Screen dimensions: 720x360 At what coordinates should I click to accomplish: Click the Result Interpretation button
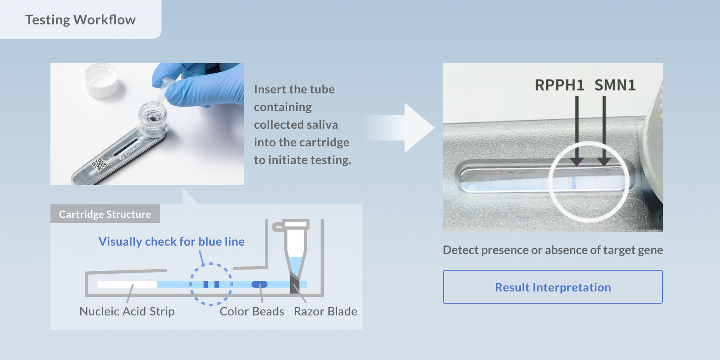point(553,287)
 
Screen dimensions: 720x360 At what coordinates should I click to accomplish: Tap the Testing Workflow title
point(80,20)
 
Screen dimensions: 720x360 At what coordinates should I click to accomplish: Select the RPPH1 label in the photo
point(559,85)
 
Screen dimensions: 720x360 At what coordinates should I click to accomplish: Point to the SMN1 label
point(615,85)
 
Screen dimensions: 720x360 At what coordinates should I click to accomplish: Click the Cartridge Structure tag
point(105,214)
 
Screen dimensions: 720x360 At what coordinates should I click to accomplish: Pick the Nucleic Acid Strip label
point(127,311)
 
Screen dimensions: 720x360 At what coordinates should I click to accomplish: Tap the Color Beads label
point(251,311)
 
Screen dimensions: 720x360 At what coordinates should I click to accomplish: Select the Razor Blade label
point(325,311)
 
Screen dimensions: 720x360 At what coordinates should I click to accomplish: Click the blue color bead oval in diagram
point(259,284)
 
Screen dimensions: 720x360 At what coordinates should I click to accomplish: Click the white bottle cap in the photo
point(101,80)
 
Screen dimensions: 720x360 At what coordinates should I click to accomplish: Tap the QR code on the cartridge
point(99,164)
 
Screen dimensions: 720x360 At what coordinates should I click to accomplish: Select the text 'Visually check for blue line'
point(171,241)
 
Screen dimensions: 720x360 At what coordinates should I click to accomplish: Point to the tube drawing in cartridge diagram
point(295,254)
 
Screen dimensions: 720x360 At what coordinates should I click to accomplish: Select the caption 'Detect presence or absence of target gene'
point(553,250)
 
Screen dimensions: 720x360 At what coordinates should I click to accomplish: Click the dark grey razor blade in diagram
point(294,283)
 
